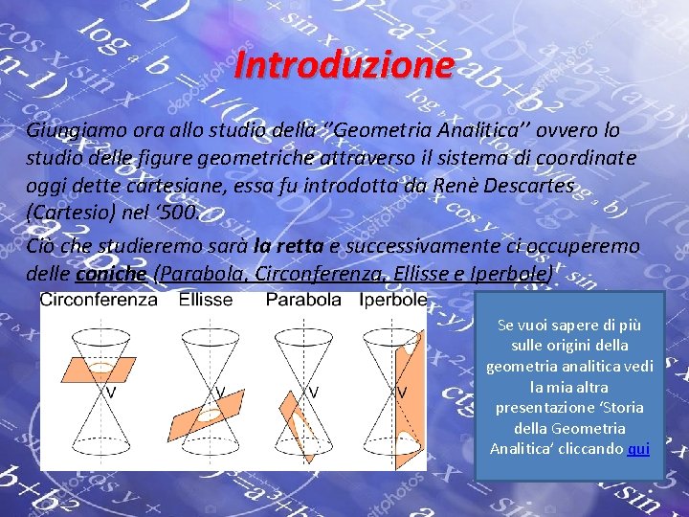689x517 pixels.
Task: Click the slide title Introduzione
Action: pos(344,65)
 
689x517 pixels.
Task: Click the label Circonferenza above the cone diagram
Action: pos(99,300)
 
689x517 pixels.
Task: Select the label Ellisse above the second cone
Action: pos(206,300)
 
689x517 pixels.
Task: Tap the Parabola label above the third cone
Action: pos(303,300)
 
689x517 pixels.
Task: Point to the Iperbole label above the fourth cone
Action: pos(392,300)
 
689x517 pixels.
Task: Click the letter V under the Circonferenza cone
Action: pos(112,392)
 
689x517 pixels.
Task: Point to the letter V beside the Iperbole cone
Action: pos(402,392)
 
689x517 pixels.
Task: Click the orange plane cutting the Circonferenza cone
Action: pos(97,369)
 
